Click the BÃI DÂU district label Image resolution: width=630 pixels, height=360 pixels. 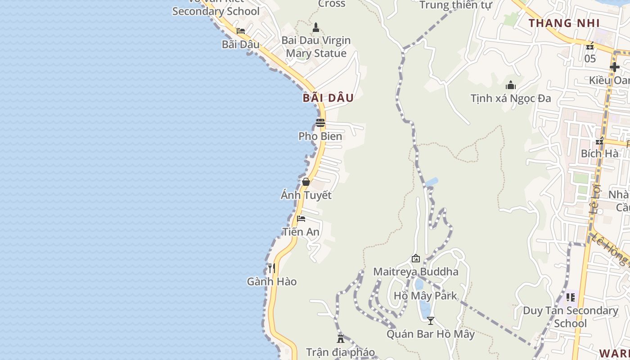pyautogui.click(x=328, y=98)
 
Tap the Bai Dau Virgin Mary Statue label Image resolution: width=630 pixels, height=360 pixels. pyautogui.click(x=316, y=47)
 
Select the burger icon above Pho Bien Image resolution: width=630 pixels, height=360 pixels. pyautogui.click(x=320, y=122)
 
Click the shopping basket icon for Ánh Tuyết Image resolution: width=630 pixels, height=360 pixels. pyautogui.click(x=306, y=182)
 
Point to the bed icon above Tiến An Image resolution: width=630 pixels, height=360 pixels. pyautogui.click(x=301, y=219)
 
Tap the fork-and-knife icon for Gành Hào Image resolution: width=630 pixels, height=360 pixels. pyautogui.click(x=271, y=268)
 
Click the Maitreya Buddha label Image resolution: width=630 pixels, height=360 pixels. pyautogui.click(x=416, y=272)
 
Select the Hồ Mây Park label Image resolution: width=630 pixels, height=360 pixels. pyautogui.click(x=425, y=296)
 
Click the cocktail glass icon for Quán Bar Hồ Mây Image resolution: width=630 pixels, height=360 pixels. pyautogui.click(x=431, y=321)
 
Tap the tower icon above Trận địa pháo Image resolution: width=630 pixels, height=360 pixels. pyautogui.click(x=341, y=338)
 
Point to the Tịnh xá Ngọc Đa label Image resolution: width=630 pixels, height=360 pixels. pyautogui.click(x=511, y=98)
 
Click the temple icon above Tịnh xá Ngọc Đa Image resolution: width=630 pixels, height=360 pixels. pyautogui.click(x=511, y=85)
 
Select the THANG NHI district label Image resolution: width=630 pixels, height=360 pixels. pyautogui.click(x=564, y=23)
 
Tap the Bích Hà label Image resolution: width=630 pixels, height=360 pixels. pyautogui.click(x=599, y=153)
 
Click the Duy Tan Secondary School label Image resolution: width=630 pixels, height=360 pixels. pyautogui.click(x=571, y=317)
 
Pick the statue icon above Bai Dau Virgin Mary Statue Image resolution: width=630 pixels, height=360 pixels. pyautogui.click(x=316, y=27)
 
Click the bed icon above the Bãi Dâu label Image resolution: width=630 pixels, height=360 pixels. pyautogui.click(x=241, y=31)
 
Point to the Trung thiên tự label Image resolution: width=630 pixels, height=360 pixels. pyautogui.click(x=456, y=5)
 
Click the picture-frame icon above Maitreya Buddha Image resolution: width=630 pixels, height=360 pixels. pyautogui.click(x=416, y=258)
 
